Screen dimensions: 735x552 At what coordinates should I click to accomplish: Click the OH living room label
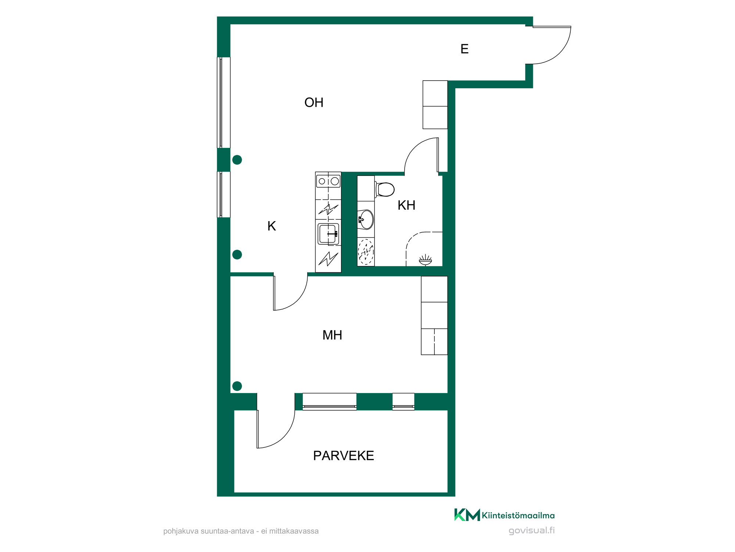[314, 103]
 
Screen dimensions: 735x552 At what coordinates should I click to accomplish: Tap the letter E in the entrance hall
[465, 49]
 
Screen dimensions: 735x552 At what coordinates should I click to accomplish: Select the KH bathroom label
[406, 205]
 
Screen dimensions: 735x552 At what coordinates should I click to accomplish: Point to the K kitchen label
[272, 226]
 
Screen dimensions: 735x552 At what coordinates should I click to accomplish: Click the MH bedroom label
[332, 335]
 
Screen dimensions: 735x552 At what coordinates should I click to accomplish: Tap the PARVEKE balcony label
[344, 456]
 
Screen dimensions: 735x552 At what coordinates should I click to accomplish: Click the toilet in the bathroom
[384, 190]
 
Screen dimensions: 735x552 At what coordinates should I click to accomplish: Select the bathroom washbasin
[366, 220]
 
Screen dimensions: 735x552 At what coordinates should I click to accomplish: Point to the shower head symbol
[426, 260]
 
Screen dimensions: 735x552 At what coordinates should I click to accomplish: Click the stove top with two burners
[328, 181]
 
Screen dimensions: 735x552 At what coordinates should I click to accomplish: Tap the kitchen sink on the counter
[328, 234]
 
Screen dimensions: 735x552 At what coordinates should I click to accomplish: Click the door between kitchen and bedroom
[291, 293]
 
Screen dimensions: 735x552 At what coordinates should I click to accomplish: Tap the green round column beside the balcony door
[237, 386]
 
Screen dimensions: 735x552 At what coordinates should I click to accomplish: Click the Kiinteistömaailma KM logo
[504, 515]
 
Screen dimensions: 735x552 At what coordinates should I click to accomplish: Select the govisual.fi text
[531, 531]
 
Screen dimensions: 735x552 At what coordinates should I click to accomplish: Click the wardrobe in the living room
[435, 105]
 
